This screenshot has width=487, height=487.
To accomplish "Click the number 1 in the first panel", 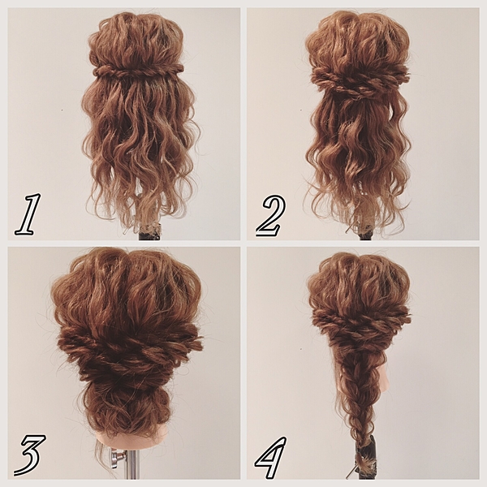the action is click(x=28, y=214).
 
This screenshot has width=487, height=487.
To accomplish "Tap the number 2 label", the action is click(x=270, y=216).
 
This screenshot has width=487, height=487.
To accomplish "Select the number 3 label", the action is click(x=31, y=455).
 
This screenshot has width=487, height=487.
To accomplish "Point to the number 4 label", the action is click(x=271, y=457).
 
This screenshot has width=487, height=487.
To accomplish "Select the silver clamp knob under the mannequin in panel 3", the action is click(x=118, y=456).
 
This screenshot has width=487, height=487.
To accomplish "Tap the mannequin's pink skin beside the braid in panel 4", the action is click(x=384, y=379).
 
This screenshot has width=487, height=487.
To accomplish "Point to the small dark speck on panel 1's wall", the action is click(x=62, y=110).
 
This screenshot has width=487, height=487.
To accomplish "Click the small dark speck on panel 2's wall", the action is click(x=301, y=110).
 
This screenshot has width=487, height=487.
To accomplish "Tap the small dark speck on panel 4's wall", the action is click(x=301, y=349).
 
